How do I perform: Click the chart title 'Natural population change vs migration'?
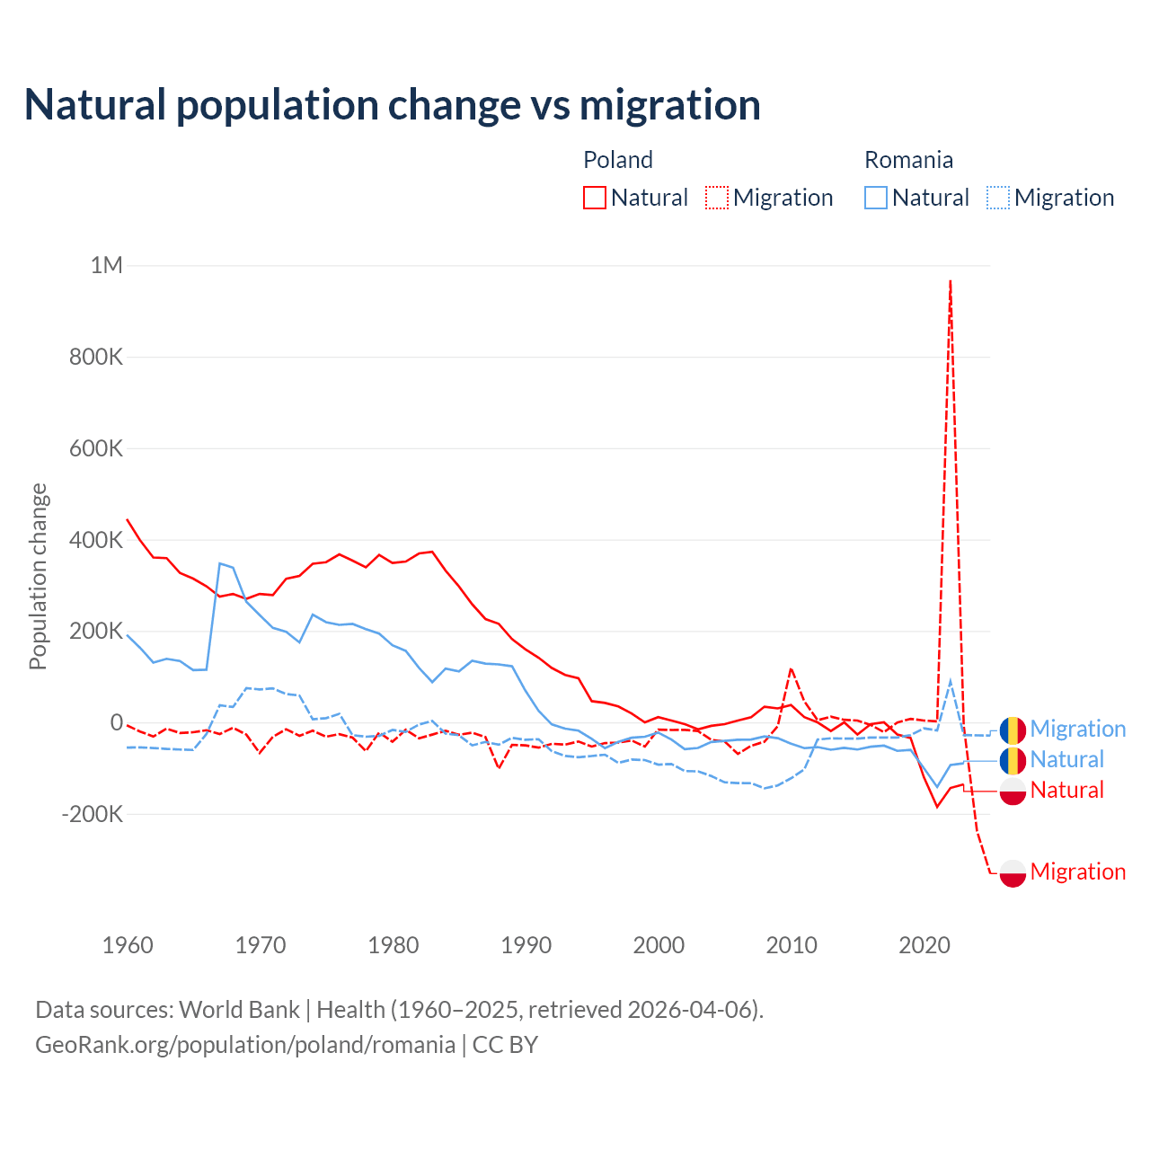point(393,105)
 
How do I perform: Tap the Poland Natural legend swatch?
point(594,198)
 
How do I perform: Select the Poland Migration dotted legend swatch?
point(717,198)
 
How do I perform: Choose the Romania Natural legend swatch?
point(875,198)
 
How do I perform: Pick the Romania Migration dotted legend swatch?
point(998,198)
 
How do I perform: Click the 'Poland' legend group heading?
point(618,160)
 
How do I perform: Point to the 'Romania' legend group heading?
point(908,160)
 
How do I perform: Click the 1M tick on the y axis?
point(106,266)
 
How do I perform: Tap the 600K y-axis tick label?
point(96,448)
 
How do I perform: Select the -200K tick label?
point(92,815)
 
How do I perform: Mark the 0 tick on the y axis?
point(117,722)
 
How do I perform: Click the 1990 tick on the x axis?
point(526,945)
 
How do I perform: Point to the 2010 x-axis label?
point(792,945)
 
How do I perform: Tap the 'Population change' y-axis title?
point(38,577)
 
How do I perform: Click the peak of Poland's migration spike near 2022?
point(951,281)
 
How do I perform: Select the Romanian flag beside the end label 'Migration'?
point(1013,730)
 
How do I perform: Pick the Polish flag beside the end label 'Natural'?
point(1013,791)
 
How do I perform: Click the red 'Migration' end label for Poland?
point(1077,871)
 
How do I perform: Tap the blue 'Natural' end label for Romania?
point(1066,760)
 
